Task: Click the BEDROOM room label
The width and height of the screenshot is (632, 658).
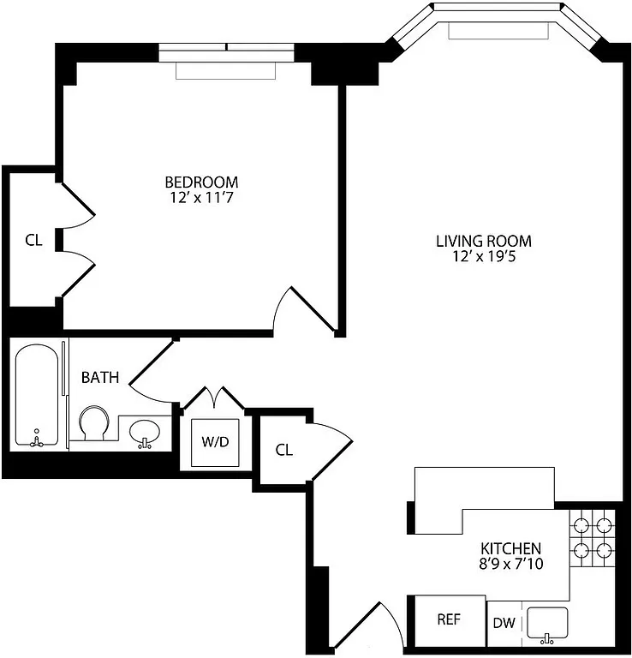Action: pos(201,182)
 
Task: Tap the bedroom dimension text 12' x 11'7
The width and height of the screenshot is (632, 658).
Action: pos(201,198)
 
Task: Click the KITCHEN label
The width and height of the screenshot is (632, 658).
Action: pos(510,548)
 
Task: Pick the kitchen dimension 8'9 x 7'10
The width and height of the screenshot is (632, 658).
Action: pos(510,565)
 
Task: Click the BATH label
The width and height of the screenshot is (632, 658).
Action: pos(100,377)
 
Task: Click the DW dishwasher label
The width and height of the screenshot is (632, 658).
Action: pos(504,623)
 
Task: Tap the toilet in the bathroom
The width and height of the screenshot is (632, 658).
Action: pos(92,423)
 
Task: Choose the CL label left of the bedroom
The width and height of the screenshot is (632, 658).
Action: pos(33,241)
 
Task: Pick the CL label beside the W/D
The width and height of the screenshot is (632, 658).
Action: pos(284,450)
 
